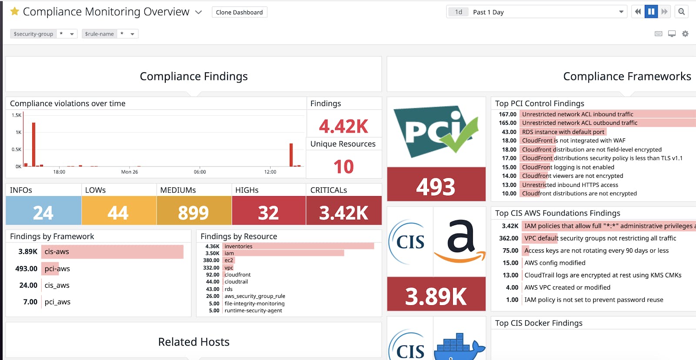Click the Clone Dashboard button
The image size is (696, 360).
239,12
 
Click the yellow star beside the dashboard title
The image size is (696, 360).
15,11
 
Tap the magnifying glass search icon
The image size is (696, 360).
682,12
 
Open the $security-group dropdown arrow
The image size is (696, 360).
72,34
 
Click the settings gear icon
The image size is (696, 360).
685,34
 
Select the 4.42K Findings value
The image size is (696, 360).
343,127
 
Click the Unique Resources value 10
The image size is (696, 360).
343,167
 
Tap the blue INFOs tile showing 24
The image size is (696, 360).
43,213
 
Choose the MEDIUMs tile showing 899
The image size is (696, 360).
194,213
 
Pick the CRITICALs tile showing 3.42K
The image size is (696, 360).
343,213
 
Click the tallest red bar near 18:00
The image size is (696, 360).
33,144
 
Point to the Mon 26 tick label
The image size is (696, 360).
129,172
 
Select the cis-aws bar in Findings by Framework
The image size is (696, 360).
112,252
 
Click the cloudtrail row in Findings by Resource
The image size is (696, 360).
236,282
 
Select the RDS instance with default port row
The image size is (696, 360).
563,132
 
